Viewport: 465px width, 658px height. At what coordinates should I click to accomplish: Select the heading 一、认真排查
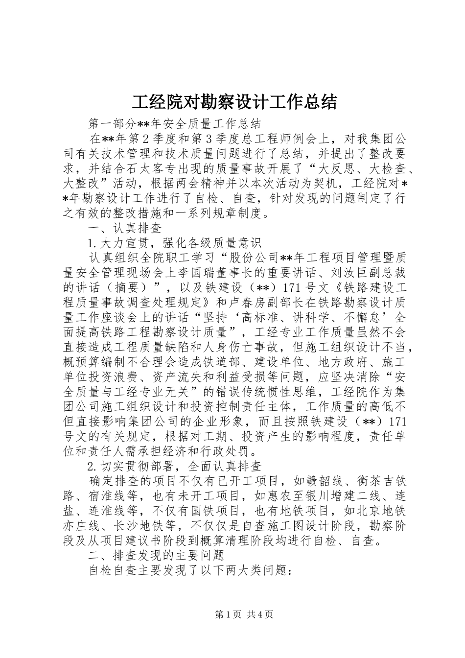pyautogui.click(x=125, y=228)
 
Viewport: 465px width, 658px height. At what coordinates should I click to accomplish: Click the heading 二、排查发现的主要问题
pyautogui.click(x=156, y=555)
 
